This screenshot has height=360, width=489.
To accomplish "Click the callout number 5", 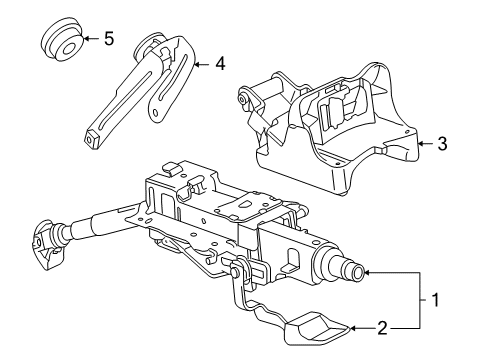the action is tap(109, 39).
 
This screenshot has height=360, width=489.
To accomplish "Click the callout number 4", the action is tap(220, 63).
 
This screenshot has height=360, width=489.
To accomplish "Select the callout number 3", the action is tap(442, 144).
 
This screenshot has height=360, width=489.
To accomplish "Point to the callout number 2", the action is tap(382, 328).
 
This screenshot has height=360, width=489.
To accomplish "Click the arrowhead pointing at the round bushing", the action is tap(85, 39).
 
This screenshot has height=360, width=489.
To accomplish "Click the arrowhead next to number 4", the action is tap(197, 64).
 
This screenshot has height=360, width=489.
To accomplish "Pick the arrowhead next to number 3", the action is tap(421, 144).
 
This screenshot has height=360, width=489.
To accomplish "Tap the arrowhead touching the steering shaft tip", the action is tap(366, 273).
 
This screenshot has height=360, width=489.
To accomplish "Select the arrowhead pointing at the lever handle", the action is tap(353, 328).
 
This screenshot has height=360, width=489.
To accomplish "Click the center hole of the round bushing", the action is tap(68, 49).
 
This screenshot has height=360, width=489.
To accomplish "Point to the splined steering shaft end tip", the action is tap(357, 273).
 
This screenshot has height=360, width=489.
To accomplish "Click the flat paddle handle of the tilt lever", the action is tap(317, 329).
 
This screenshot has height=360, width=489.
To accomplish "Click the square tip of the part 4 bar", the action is tap(90, 138).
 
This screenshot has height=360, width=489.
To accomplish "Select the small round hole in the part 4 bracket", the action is tap(154, 112).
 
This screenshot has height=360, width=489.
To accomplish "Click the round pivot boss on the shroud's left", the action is tap(242, 99).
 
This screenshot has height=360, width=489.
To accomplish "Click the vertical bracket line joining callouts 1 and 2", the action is tap(420, 300).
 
